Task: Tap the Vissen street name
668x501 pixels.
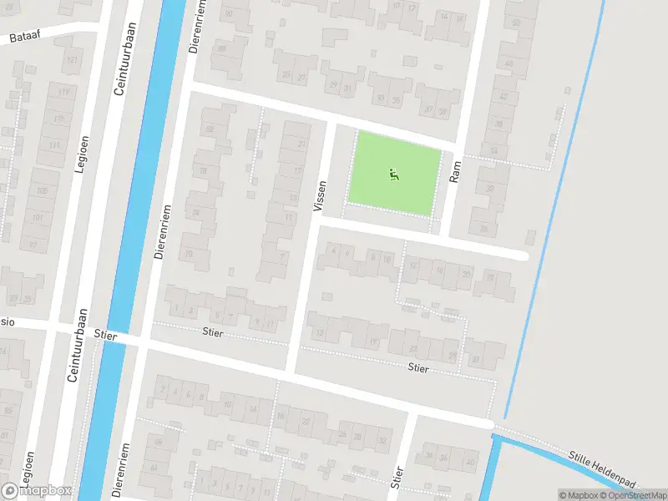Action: tap(320, 196)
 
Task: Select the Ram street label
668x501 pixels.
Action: tap(456, 171)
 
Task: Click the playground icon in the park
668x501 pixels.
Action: tap(393, 175)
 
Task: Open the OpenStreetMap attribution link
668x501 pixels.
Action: tap(631, 495)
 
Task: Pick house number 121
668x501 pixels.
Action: tap(73, 61)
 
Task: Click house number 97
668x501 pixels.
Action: tap(33, 244)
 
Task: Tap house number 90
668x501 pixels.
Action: tap(229, 14)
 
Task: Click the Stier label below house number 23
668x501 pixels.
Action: tap(418, 367)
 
